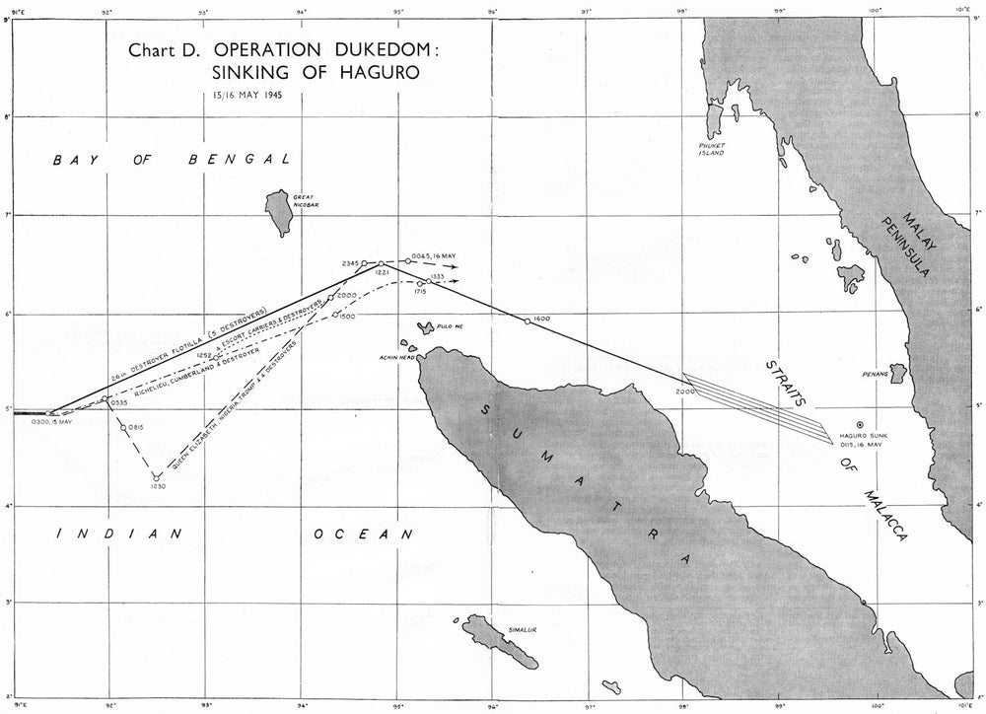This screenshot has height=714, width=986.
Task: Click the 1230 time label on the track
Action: (157, 487)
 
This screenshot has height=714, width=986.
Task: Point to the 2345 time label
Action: (350, 264)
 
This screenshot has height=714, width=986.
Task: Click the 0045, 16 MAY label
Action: (434, 255)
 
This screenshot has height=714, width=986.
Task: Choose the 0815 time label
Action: (136, 428)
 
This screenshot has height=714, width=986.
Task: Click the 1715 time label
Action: (420, 292)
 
